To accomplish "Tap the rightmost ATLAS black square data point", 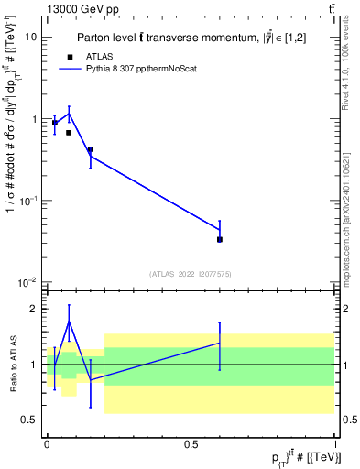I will [220, 239].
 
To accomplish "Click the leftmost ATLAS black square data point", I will [55, 123].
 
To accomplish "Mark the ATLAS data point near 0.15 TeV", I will [90, 149].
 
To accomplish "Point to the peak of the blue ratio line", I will [69, 321].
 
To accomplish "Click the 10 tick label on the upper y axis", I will [31, 38].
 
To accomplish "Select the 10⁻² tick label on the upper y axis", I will [29, 281].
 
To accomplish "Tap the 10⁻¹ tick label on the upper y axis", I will [29, 200].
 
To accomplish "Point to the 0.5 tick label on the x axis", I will [191, 443].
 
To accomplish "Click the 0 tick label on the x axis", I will [47, 443].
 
